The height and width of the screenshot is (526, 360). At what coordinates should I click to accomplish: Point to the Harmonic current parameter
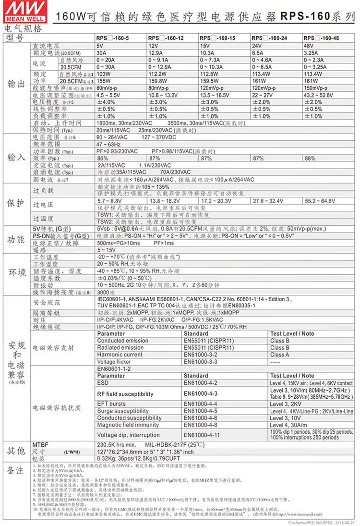point(120,355)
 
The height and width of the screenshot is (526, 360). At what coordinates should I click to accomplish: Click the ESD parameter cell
point(103,383)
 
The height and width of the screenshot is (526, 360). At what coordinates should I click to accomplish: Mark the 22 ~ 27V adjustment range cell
point(262,96)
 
